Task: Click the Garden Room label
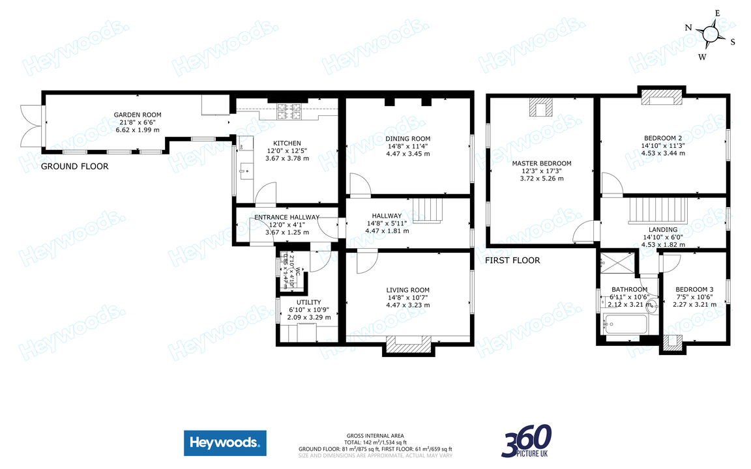138,115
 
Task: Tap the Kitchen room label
287,143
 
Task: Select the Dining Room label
407,139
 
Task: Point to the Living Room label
407,291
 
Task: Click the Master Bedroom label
541,163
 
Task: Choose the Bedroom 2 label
662,138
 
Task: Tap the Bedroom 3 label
694,290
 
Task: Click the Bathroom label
629,290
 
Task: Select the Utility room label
308,302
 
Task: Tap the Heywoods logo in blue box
225,444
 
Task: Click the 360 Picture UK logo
526,441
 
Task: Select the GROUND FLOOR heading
74,167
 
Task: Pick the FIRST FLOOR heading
512,261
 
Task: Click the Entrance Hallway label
287,218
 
